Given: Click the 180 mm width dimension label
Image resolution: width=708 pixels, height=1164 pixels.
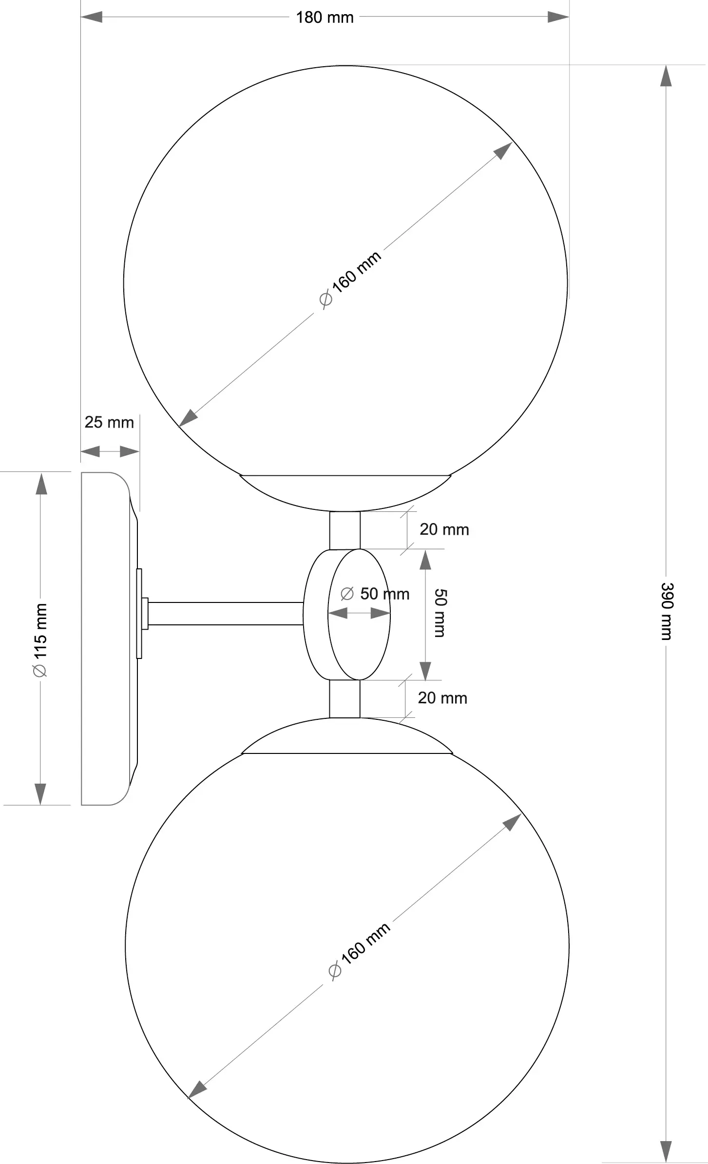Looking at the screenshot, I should tap(325, 18).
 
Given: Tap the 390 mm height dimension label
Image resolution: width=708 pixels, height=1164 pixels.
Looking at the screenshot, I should tap(666, 611).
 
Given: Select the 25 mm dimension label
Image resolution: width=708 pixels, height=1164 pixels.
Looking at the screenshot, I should tap(109, 422).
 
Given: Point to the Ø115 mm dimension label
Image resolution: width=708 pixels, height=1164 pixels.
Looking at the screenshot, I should tap(40, 639).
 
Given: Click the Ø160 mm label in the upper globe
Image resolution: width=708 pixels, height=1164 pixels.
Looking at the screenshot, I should tap(350, 279).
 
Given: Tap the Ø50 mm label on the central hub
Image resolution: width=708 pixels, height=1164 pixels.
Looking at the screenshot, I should tap(375, 594).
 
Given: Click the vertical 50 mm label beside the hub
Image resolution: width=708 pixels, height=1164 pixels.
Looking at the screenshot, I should tap(440, 613).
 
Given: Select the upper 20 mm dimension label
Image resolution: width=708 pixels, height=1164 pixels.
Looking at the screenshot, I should tap(444, 529).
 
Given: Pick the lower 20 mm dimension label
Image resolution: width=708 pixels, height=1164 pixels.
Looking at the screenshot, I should tap(442, 698).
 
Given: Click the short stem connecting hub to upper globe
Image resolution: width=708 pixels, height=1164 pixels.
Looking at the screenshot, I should tap(345, 530).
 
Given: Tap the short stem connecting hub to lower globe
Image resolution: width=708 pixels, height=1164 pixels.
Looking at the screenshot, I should tap(344, 699).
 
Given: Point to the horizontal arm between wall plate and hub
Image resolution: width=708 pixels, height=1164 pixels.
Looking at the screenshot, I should tap(225, 614).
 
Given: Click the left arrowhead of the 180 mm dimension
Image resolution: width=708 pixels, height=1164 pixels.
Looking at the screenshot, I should tap(92, 17).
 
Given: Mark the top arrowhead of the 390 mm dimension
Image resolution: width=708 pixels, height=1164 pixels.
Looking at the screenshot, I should tap(666, 76).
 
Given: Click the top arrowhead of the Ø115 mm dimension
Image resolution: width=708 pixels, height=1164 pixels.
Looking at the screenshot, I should tap(41, 484).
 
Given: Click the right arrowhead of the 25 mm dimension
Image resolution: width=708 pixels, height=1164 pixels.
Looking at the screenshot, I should tap(130, 451).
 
